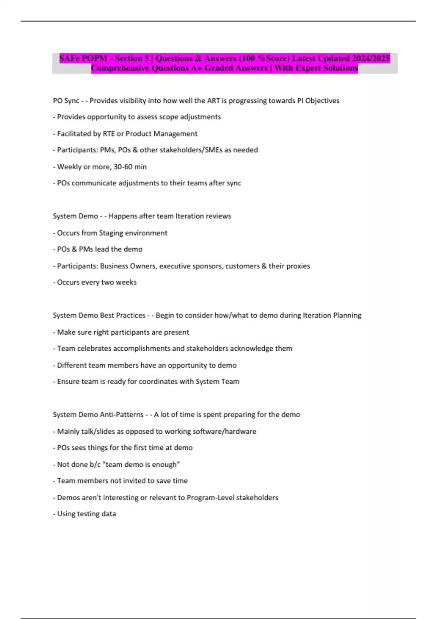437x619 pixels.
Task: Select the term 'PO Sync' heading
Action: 66,100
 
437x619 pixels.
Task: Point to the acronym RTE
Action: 109,134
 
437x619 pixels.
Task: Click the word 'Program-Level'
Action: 210,498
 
